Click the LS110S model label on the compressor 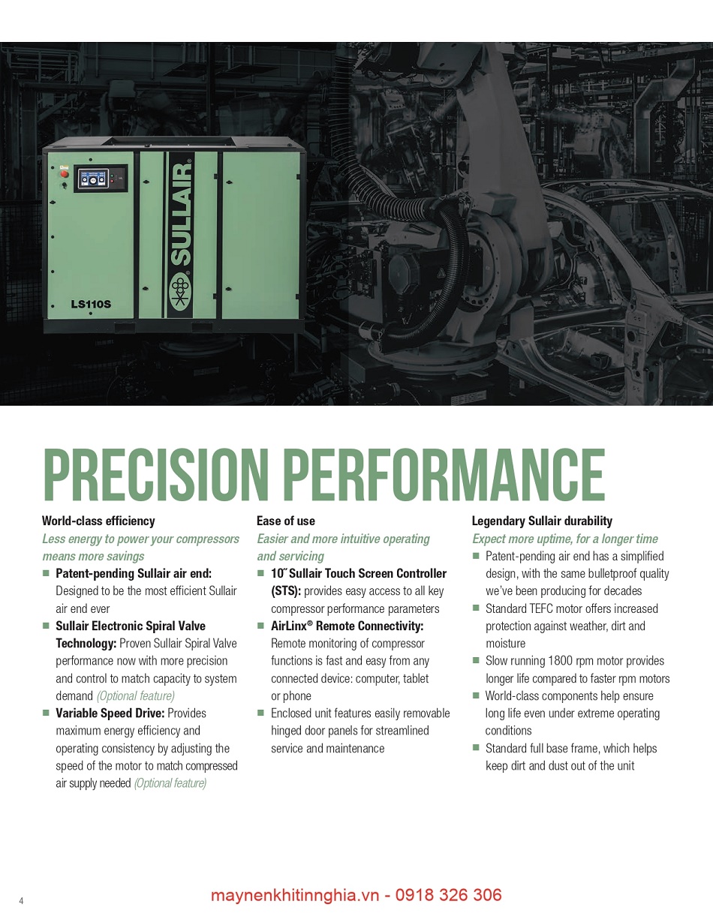[x=91, y=305]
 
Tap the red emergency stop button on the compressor [x=64, y=174]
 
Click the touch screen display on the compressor [x=92, y=179]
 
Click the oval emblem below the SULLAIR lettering [x=180, y=292]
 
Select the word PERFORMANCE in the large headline [x=447, y=474]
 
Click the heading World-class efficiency [x=98, y=521]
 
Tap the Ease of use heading [x=286, y=521]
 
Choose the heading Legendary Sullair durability [x=542, y=521]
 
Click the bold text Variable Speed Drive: [x=110, y=713]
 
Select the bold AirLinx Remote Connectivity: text [x=347, y=626]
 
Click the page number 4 [x=21, y=900]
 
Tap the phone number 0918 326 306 [x=449, y=895]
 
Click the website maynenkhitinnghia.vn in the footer [x=295, y=895]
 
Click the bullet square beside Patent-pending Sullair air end [x=46, y=573]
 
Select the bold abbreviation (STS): [x=286, y=591]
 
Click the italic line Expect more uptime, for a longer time [x=565, y=539]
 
